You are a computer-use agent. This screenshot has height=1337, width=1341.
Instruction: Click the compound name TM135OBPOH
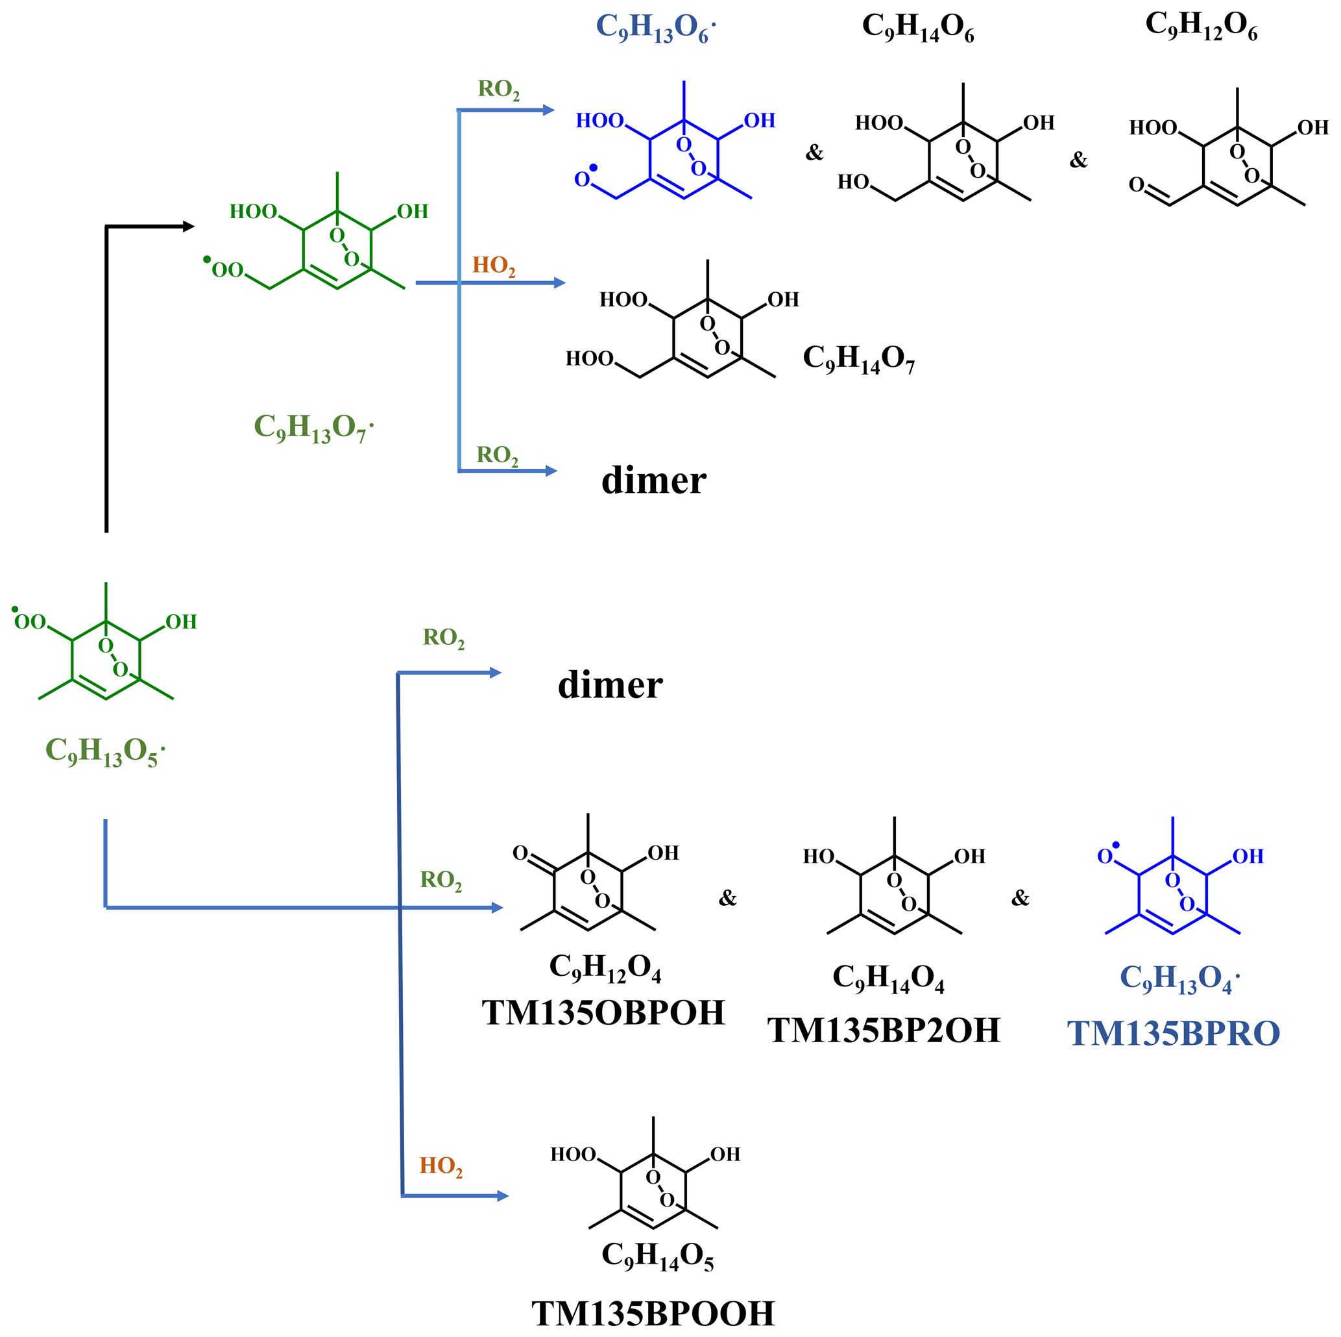603,1014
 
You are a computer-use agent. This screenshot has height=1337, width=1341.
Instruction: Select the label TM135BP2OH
884,1031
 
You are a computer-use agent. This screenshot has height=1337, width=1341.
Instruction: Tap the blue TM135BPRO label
1173,1034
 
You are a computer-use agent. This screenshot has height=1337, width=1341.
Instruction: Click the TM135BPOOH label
653,1314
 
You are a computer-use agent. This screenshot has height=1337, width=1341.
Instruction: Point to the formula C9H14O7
858,358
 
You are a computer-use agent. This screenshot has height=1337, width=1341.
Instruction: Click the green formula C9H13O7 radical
313,428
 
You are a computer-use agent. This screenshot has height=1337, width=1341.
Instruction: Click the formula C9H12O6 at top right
1201,26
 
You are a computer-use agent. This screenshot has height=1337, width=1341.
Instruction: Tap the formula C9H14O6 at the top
917,28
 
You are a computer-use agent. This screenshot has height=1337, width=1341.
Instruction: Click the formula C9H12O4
605,967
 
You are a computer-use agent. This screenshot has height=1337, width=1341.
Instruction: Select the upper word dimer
653,481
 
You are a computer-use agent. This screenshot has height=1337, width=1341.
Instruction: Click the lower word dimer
610,686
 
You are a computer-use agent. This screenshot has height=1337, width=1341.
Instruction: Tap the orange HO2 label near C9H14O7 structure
494,266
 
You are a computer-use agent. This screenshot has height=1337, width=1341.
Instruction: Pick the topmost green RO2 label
498,90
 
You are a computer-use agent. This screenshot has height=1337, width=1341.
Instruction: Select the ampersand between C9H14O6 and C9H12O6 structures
1078,160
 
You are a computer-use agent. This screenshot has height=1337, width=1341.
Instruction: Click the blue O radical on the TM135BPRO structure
1106,856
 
